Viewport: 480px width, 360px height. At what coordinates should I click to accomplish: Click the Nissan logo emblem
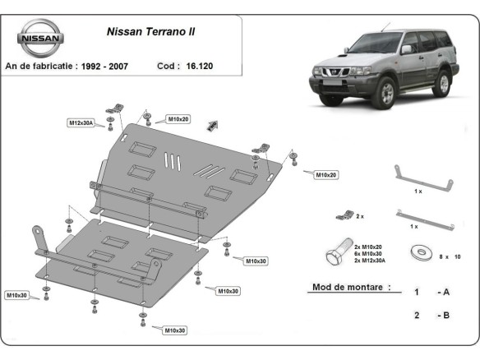pos(39,38)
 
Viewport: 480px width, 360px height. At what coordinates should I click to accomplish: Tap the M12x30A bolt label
pos(81,122)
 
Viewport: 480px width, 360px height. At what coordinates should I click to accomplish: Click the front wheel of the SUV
pos(388,92)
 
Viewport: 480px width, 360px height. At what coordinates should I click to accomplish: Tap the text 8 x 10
pos(451,257)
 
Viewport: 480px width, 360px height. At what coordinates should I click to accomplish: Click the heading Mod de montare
pos(350,288)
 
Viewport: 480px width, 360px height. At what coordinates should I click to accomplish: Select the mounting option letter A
pos(445,292)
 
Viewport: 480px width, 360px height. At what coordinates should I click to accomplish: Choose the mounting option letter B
pos(445,315)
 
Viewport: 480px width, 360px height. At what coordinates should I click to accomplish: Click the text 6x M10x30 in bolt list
pos(370,253)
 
